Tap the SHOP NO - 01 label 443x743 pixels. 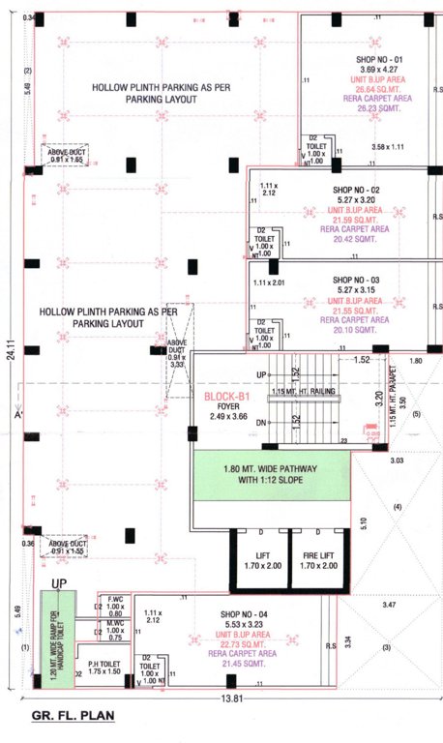pos(357,59)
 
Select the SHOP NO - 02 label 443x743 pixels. pos(356,190)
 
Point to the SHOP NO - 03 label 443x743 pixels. pos(356,278)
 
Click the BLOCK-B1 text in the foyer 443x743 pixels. pos(228,396)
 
